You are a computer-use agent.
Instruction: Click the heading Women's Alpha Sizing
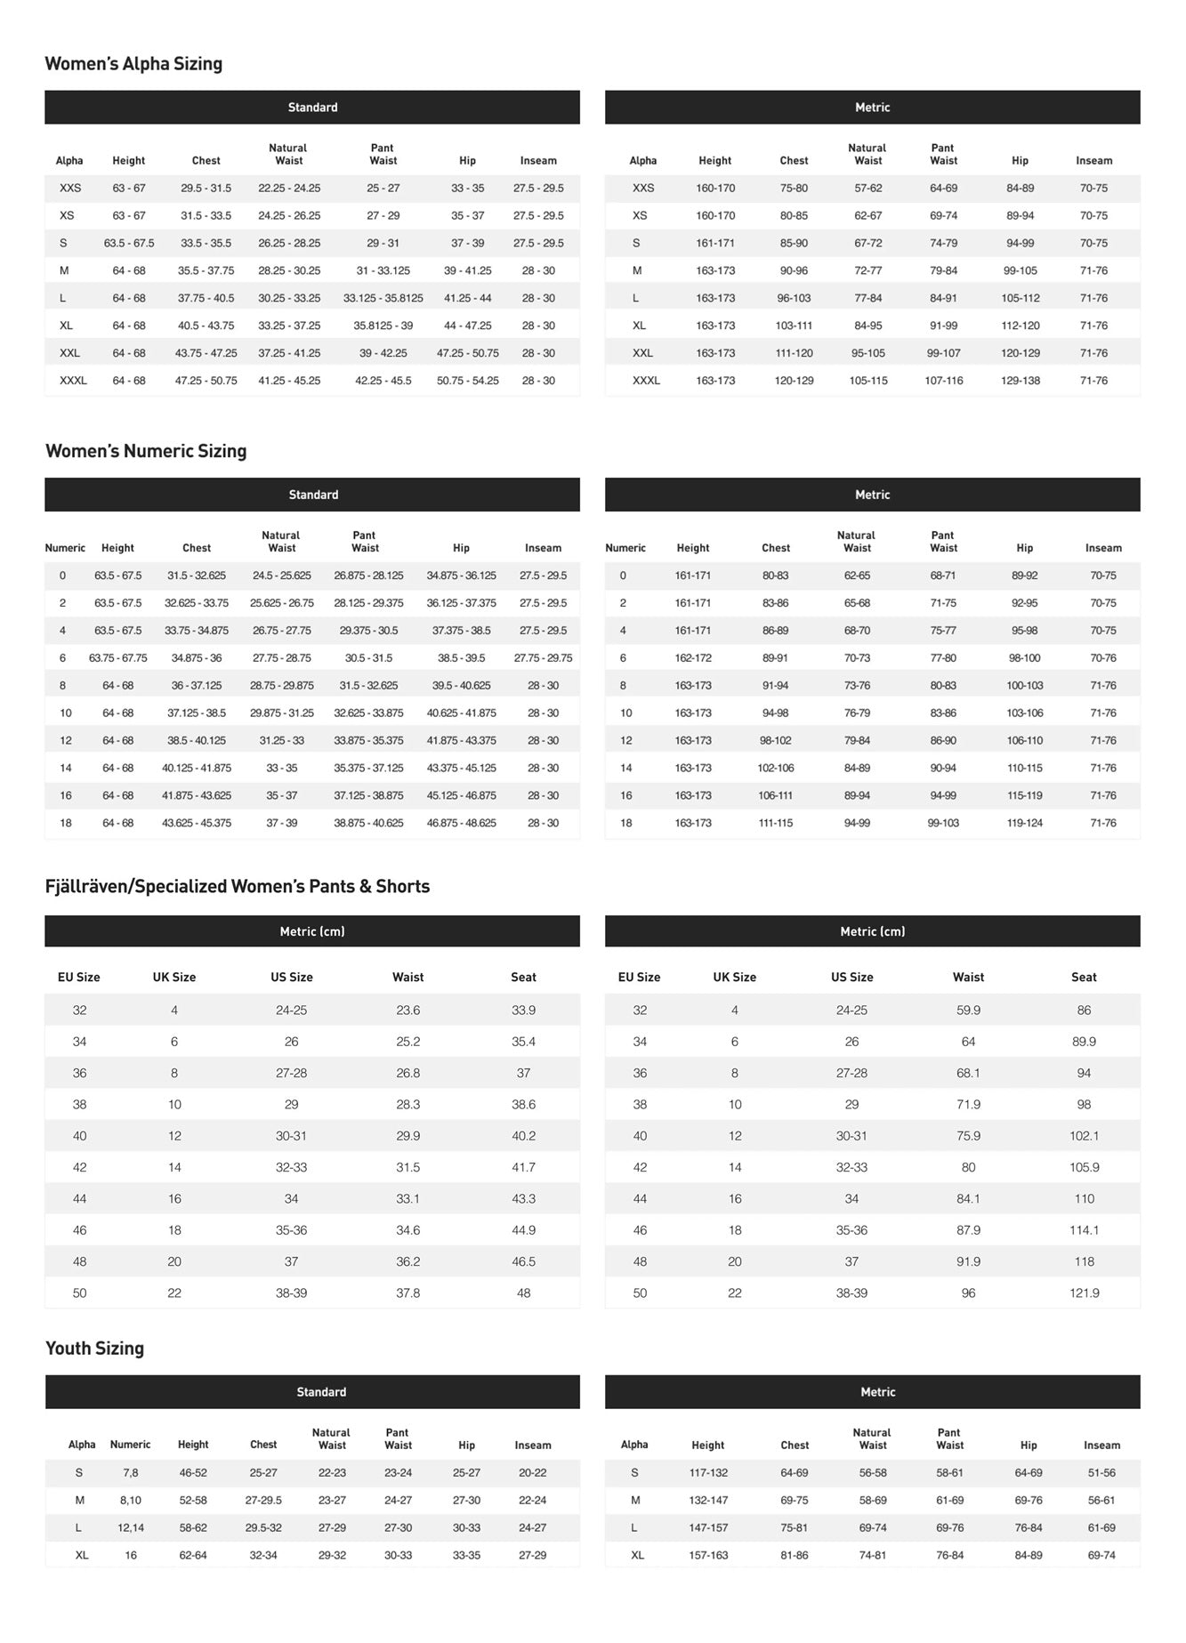click(133, 64)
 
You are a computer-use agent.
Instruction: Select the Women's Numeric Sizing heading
click(146, 451)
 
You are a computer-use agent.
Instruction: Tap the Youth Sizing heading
click(94, 1349)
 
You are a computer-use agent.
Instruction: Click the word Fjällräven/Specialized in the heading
click(133, 887)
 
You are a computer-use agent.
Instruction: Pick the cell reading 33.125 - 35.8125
click(383, 298)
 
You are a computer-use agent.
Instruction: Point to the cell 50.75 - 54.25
click(467, 381)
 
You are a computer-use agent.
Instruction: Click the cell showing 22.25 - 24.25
click(289, 189)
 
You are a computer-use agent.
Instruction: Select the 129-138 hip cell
click(1020, 381)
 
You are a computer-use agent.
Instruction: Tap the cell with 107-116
click(943, 381)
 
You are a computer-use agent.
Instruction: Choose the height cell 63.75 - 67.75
click(117, 658)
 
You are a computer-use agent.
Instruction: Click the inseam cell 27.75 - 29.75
click(543, 658)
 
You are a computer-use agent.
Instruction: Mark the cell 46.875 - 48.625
click(461, 824)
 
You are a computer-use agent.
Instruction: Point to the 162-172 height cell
click(692, 658)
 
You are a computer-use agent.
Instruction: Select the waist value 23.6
click(407, 1011)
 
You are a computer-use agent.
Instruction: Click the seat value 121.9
click(1084, 1293)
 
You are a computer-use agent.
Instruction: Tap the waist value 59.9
click(968, 1011)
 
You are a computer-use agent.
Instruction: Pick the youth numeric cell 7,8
click(131, 1473)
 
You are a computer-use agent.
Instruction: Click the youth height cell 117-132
click(708, 1473)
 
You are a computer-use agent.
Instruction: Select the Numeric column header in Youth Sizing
click(130, 1445)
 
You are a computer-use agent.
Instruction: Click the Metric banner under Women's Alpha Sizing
click(872, 108)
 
